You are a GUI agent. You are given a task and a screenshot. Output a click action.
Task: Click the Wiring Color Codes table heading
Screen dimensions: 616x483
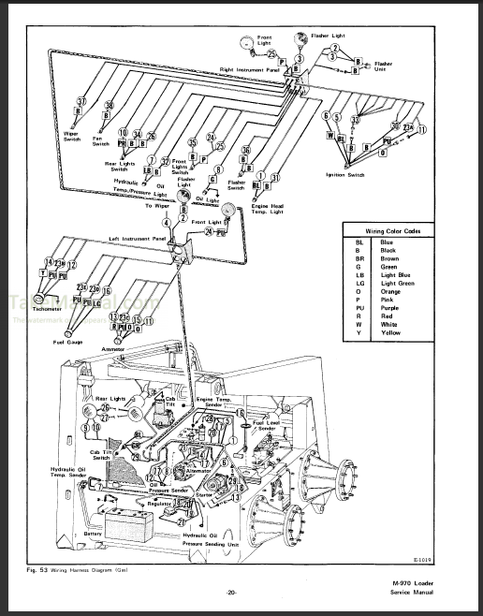[394, 228]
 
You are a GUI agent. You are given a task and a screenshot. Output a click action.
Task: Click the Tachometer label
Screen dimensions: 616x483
[31, 307]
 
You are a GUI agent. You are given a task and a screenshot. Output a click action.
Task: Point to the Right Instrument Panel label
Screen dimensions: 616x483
[250, 69]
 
